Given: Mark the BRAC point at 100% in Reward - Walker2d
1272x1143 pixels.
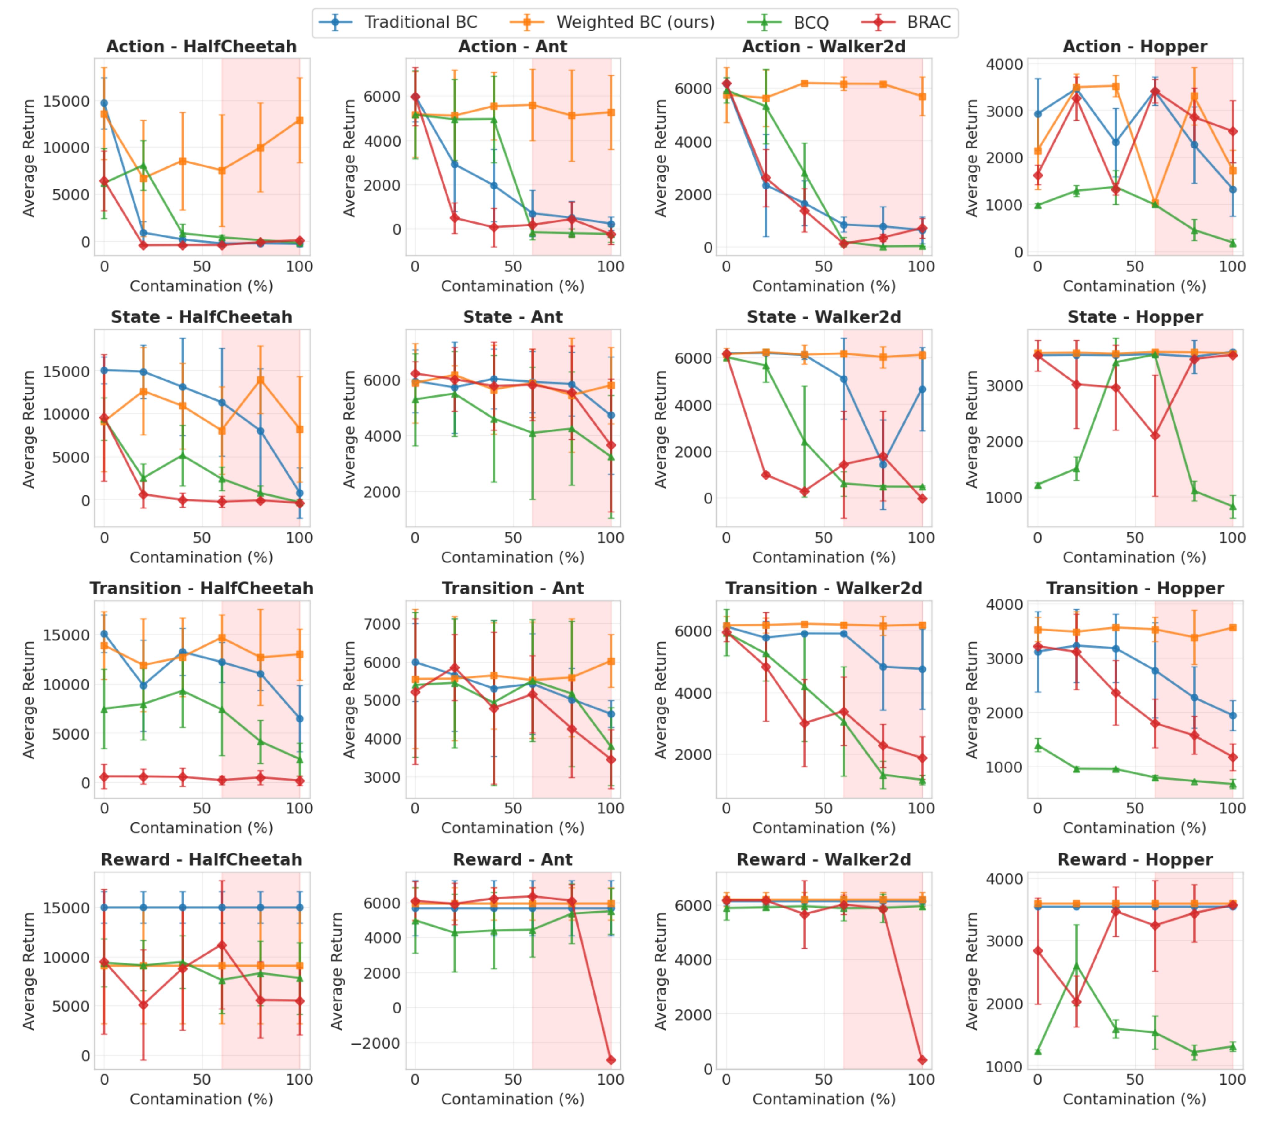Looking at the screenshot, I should (922, 1060).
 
